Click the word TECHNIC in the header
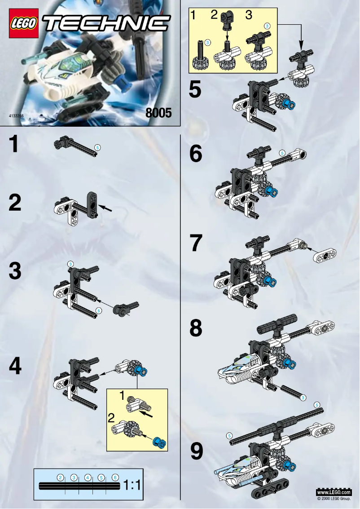coord(108,22)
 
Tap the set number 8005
coord(158,113)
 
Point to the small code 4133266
coord(16,116)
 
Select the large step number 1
coord(15,145)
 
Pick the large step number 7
coord(196,243)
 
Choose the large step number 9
coord(196,451)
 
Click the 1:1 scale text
coord(132,485)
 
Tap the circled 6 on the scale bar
coord(115,477)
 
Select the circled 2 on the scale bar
coord(61,477)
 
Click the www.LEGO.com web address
coord(334,493)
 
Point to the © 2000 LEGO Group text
coord(334,499)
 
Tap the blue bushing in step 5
coord(292,106)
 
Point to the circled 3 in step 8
coord(303,397)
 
